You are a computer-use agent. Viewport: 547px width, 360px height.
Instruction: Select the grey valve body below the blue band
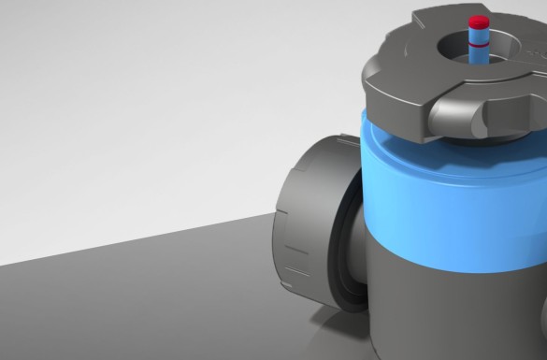pos(449,299)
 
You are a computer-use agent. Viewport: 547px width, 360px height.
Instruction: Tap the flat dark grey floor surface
pos(140,299)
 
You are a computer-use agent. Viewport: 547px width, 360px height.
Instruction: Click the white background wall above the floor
pos(140,94)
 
